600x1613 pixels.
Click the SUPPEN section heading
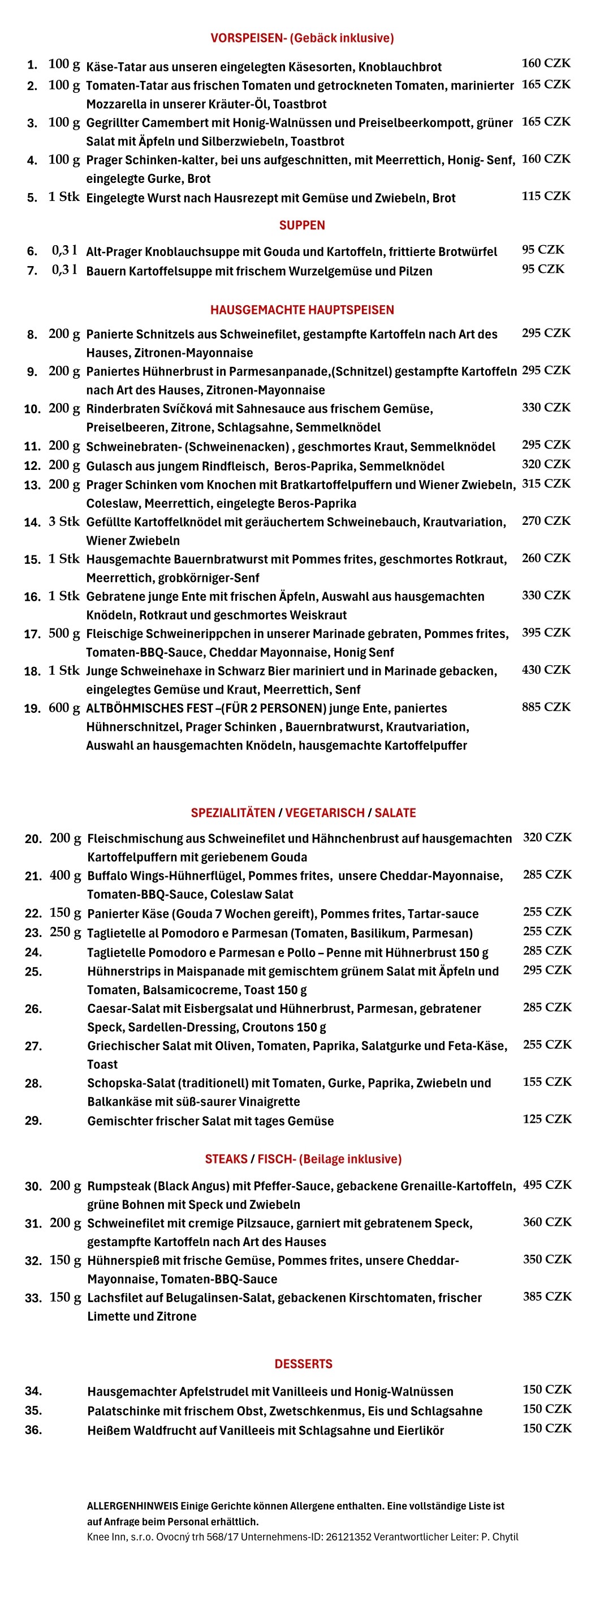coord(301,225)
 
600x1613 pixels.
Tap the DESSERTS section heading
coord(304,1363)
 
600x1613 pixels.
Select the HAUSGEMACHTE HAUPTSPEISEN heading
coord(301,310)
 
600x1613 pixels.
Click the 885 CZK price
coord(546,707)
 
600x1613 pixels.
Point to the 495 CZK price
coord(547,1185)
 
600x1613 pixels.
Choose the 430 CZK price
coord(546,669)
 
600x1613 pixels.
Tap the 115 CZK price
coord(546,196)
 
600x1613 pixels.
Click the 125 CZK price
coord(547,1119)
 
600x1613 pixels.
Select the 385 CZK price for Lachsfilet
coord(547,1296)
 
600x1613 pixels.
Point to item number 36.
coord(33,1430)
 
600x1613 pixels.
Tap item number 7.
coord(32,271)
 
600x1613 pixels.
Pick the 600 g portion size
coord(64,708)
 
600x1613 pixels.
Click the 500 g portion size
coord(64,634)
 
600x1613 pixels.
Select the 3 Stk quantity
coord(64,521)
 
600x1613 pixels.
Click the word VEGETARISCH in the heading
coord(325,813)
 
